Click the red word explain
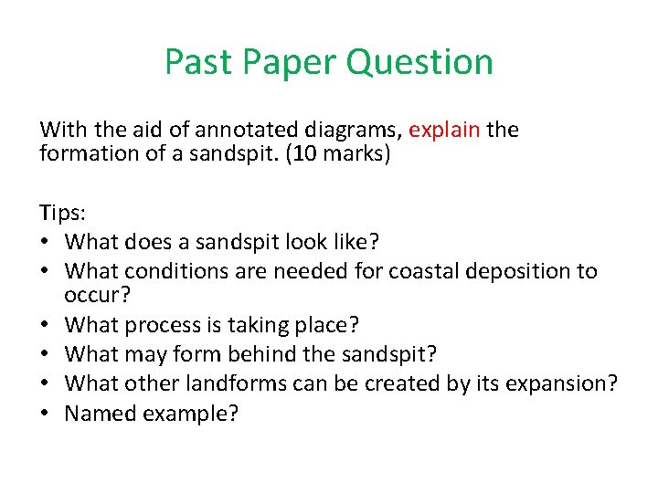point(444,130)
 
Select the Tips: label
point(61,214)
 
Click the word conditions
point(165,271)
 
